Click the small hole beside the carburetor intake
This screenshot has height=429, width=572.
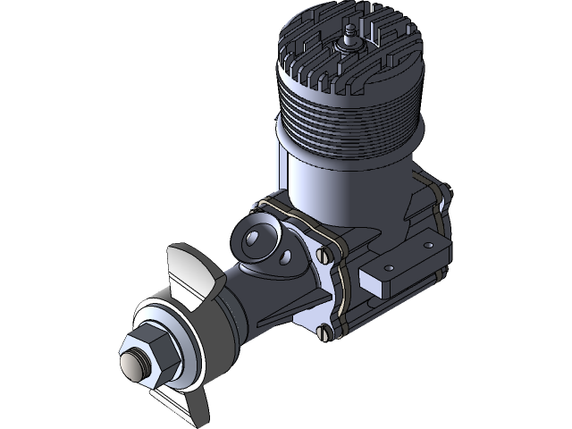pos(287,257)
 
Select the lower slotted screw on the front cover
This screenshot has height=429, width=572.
pos(324,334)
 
